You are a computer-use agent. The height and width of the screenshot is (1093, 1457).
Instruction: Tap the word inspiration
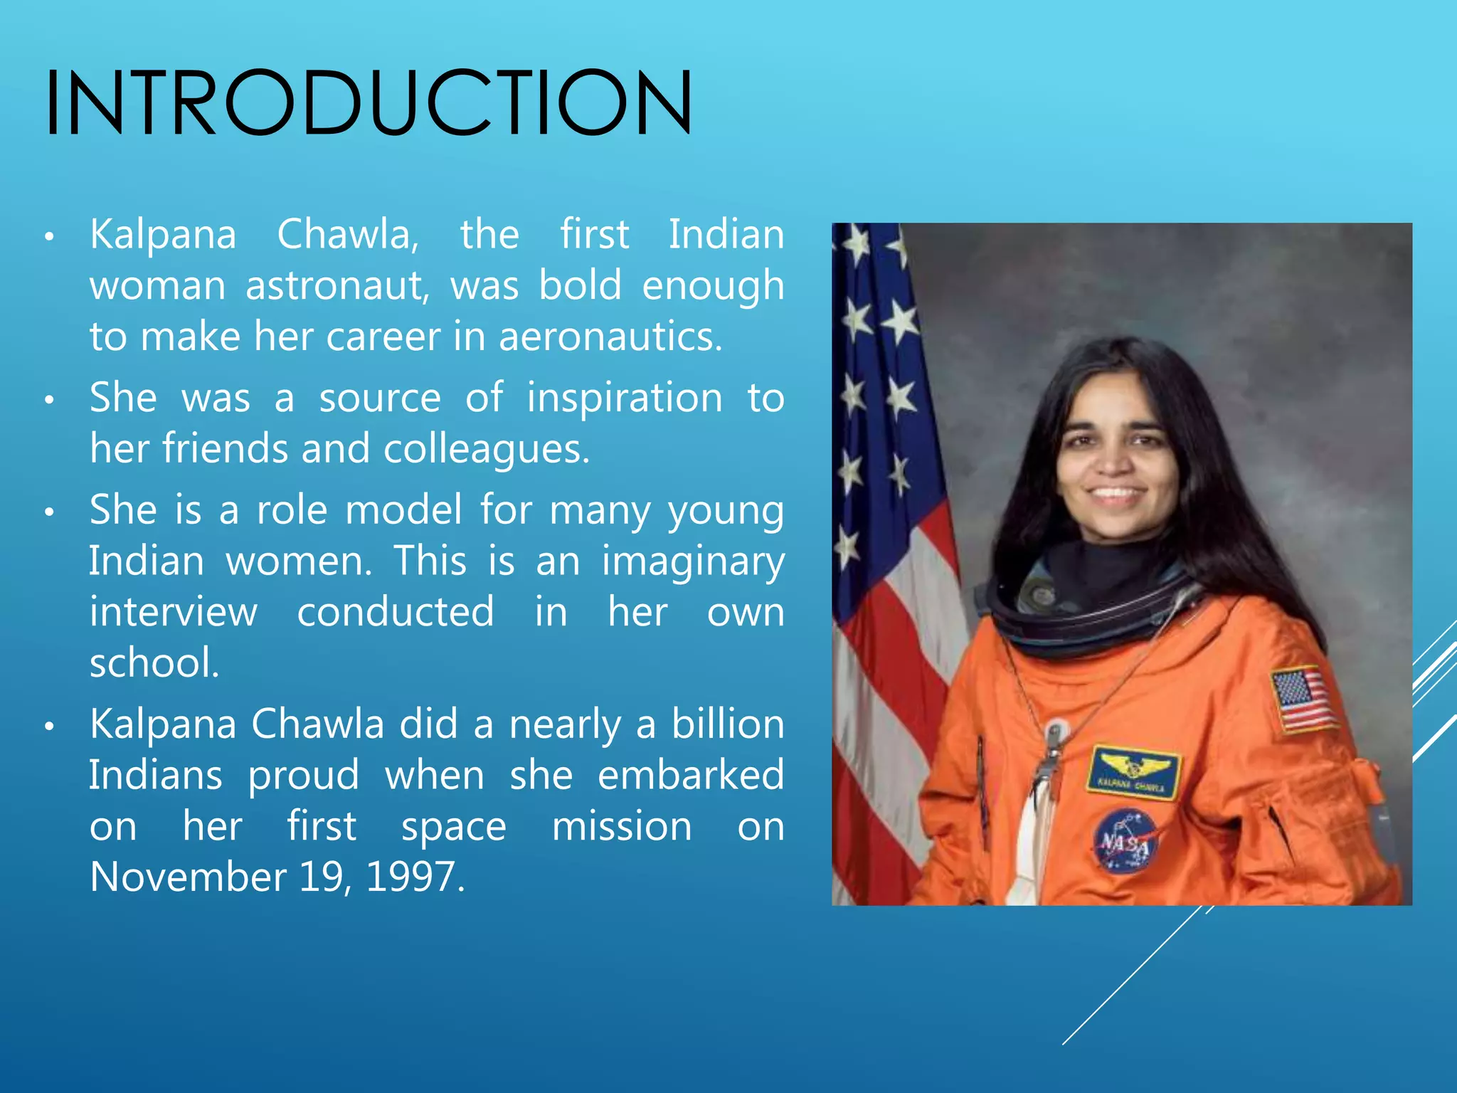tap(625, 398)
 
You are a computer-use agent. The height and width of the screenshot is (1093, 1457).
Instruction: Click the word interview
tap(173, 612)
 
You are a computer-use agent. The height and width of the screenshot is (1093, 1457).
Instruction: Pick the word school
tap(154, 663)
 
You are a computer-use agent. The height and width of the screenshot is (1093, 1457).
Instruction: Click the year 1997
tap(414, 877)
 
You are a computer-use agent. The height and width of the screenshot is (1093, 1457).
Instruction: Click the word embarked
tap(690, 775)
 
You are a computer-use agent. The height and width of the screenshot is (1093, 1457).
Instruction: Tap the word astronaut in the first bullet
tap(337, 286)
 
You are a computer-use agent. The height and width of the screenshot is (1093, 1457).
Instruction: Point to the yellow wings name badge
tap(1133, 772)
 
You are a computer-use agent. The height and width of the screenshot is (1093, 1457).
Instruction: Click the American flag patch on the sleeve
tap(1303, 699)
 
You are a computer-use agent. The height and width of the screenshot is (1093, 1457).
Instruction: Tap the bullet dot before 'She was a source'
tap(49, 400)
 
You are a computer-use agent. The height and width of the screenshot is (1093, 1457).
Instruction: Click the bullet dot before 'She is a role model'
tap(49, 512)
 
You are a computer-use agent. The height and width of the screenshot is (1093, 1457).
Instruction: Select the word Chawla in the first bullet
tap(348, 235)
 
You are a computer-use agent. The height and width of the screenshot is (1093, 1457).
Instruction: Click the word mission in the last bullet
tap(622, 827)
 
